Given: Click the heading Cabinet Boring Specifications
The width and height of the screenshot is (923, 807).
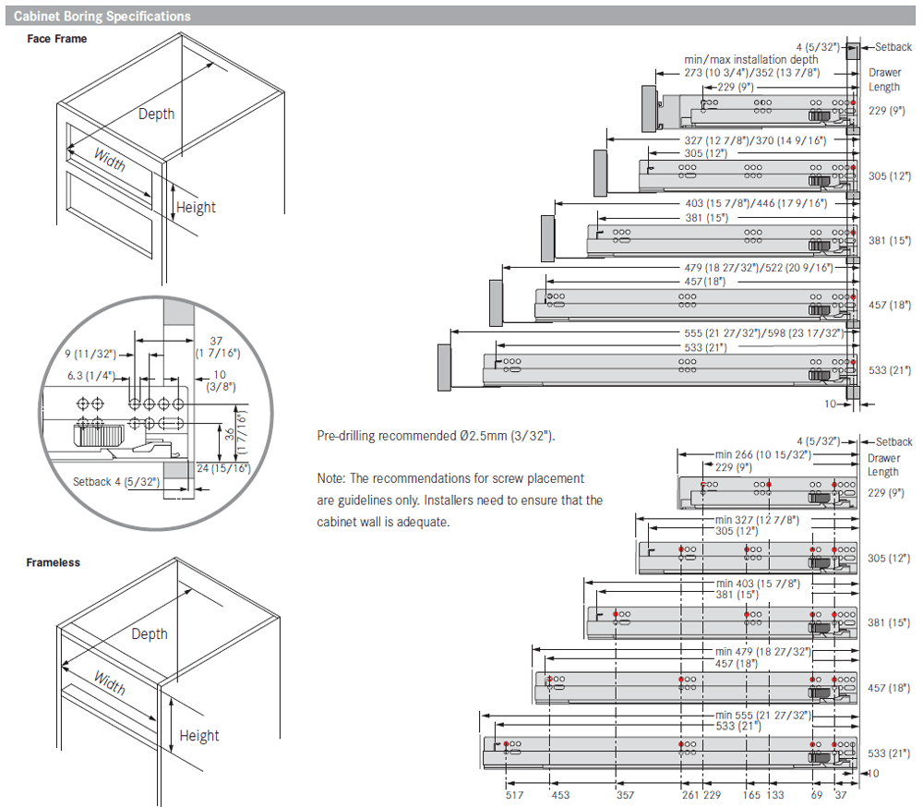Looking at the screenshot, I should point(102,16).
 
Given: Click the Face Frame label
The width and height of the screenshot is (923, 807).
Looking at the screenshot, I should point(57,39).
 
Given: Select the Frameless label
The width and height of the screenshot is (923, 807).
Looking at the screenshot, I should point(54,562).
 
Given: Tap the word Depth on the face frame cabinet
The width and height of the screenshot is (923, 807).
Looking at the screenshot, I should point(156,114).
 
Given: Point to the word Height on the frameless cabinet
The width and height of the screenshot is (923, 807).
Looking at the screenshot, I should point(199,736).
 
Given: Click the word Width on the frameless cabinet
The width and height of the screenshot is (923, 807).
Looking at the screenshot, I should point(110,682).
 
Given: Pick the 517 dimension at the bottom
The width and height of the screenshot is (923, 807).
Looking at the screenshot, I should point(515,795).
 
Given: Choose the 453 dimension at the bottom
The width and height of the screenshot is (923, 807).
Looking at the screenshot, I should point(560,795).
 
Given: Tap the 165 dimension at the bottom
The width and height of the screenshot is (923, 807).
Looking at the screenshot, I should point(752,795).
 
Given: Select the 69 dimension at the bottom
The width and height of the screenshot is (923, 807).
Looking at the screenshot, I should point(817,795).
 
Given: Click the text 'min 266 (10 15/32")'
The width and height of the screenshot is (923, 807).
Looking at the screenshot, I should point(762,454).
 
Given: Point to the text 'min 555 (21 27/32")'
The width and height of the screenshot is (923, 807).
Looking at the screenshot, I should point(763,716).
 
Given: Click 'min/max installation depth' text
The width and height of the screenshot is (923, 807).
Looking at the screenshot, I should point(751,60).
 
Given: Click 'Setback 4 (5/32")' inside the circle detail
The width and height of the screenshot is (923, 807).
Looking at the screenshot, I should point(115,481).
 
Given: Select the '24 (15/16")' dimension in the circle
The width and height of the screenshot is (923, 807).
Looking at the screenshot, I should point(225,469).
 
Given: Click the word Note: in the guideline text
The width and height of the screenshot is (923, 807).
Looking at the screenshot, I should point(332,478).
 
